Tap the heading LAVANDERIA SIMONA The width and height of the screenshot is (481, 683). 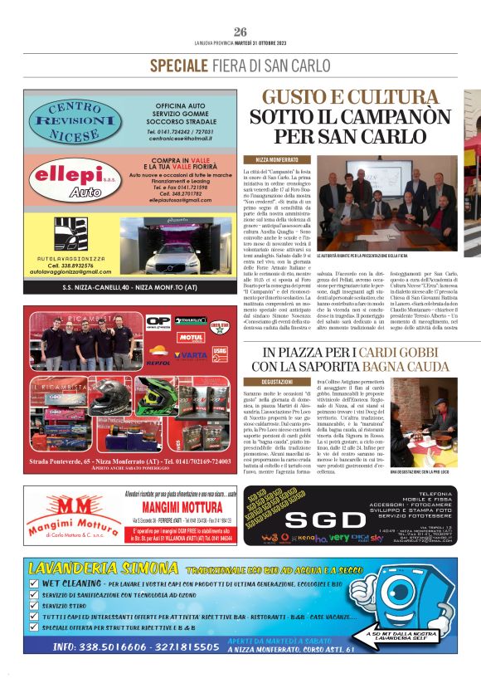click(x=102, y=569)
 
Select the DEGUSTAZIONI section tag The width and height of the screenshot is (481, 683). click(x=276, y=381)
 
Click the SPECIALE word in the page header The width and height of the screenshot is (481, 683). click(x=181, y=66)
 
